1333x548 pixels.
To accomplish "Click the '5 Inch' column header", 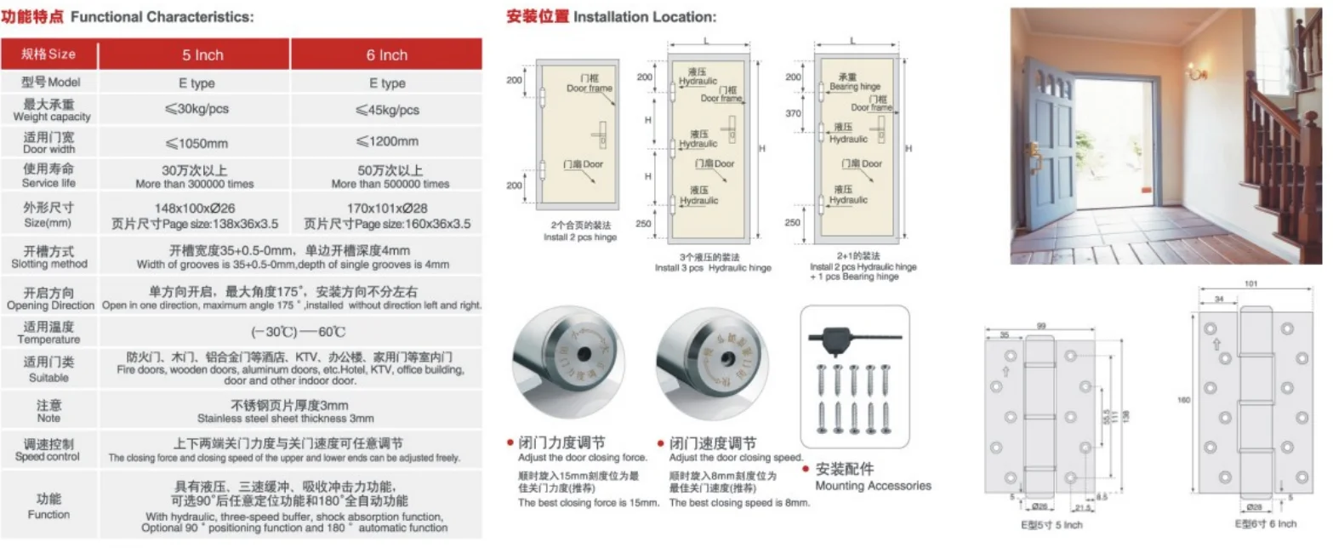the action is tap(202, 55).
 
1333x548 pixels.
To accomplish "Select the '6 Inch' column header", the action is tap(387, 55).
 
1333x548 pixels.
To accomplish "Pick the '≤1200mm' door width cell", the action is tap(387, 141).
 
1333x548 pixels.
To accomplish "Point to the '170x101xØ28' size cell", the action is tap(387, 208).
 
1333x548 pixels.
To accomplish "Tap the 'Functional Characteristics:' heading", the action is tap(162, 16).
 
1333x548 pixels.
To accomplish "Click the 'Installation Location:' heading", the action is tap(645, 16).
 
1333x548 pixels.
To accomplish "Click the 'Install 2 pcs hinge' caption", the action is tap(581, 237).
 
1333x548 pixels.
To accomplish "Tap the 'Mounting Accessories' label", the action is tap(873, 486).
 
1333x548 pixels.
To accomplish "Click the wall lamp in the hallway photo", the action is tap(1197, 74).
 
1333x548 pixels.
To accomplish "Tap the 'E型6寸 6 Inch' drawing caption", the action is tap(1266, 524).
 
